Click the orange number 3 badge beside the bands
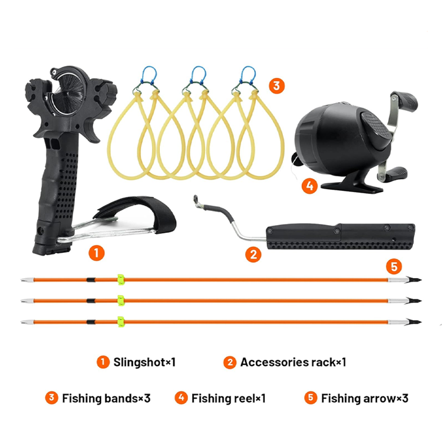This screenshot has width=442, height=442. tap(276, 85)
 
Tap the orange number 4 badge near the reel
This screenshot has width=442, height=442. tap(309, 186)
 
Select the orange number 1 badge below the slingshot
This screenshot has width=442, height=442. tap(97, 253)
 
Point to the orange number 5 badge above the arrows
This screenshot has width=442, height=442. tap(394, 266)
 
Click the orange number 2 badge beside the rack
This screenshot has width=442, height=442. tap(253, 255)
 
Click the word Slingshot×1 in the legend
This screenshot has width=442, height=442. tap(144, 362)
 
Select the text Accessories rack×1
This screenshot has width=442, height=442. tap(293, 362)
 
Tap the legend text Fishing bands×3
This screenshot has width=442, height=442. tap(106, 398)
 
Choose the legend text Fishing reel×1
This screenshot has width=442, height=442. tap(229, 398)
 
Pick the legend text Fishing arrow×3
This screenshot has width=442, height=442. tap(365, 398)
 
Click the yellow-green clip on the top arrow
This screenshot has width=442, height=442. tap(121, 279)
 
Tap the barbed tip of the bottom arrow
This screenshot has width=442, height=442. tap(413, 322)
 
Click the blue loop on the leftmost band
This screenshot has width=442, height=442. tap(149, 74)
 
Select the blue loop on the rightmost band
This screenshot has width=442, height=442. tap(248, 74)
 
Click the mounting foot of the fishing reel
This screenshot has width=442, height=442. tap(352, 186)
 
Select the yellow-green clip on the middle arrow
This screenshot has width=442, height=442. tap(121, 301)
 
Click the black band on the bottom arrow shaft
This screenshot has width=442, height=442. tap(91, 322)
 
